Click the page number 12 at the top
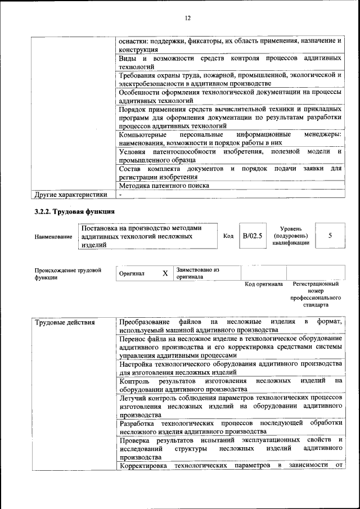pyautogui.click(x=188, y=18)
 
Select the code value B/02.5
pyautogui.click(x=252, y=236)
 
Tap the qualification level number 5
pyautogui.click(x=330, y=236)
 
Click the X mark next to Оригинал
pyautogui.click(x=165, y=273)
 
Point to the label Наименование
pyautogui.click(x=53, y=237)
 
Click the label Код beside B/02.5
pyautogui.click(x=228, y=236)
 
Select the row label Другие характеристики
pyautogui.click(x=70, y=195)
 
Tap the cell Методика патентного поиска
pyautogui.click(x=164, y=186)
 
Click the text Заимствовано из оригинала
pyautogui.click(x=197, y=273)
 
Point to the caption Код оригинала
pyautogui.click(x=264, y=285)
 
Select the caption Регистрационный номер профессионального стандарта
pyautogui.click(x=316, y=294)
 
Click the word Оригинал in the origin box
pyautogui.click(x=132, y=274)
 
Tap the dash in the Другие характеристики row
pyautogui.click(x=120, y=195)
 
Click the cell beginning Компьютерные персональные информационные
pyautogui.click(x=231, y=139)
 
